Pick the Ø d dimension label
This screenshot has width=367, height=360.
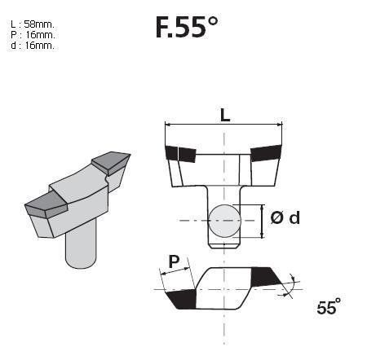(284, 217)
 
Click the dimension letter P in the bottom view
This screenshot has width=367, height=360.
(173, 262)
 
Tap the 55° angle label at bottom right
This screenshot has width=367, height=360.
(327, 308)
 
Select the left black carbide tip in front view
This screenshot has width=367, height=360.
(179, 152)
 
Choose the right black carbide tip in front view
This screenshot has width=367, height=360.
(267, 152)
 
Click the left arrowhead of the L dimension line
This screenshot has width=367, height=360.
(168, 125)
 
